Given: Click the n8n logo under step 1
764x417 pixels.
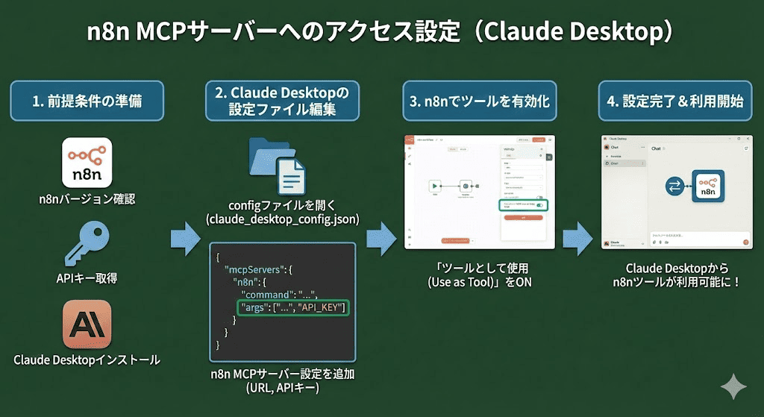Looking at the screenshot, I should pos(87,161).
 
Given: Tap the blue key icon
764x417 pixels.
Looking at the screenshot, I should pos(87,242).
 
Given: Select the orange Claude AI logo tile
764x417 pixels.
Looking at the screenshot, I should pos(87,324).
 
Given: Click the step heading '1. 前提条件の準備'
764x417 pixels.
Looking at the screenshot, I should pos(87,101).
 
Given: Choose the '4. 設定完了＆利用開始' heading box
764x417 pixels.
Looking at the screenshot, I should pos(674,101).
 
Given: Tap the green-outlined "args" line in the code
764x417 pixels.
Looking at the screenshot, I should pos(292,307).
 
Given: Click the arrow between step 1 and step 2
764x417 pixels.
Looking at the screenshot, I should pos(185,238).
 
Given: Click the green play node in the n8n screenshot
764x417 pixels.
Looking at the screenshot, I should pos(433,186).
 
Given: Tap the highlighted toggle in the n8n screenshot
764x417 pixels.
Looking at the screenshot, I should pos(539,205).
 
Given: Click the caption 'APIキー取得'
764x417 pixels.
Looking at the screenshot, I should pos(87,278).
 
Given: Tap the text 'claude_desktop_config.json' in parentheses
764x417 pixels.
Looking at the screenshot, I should pos(282,219).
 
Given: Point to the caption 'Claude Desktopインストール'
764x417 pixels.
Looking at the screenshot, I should pos(87,360).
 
